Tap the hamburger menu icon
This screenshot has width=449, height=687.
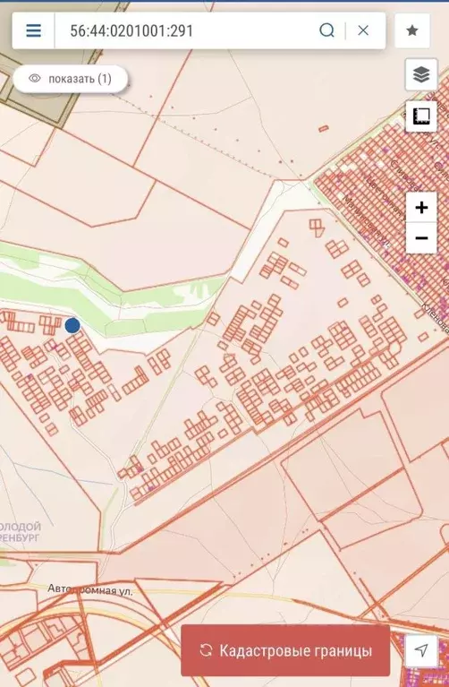pyautogui.click(x=33, y=30)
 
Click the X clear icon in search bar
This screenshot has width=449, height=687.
pyautogui.click(x=363, y=30)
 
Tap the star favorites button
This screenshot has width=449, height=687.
pyautogui.click(x=412, y=30)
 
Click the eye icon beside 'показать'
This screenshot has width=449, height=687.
pyautogui.click(x=35, y=79)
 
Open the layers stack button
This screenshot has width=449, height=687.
pyautogui.click(x=420, y=73)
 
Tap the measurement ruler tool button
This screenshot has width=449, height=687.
pyautogui.click(x=420, y=116)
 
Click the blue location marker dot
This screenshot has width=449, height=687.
pyautogui.click(x=72, y=325)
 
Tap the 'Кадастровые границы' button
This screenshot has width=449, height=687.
pyautogui.click(x=285, y=650)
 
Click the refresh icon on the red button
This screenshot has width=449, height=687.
pyautogui.click(x=206, y=650)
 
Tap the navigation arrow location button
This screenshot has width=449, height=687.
pyautogui.click(x=420, y=650)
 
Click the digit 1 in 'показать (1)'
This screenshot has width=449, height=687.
pyautogui.click(x=105, y=79)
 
